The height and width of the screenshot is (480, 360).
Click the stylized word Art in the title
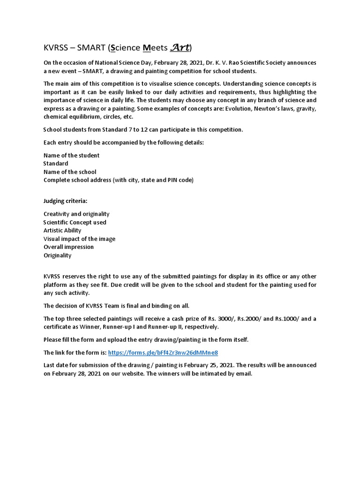pos(179,47)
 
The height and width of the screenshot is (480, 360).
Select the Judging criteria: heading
pos(65,201)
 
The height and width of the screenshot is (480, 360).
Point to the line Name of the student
pos(71,155)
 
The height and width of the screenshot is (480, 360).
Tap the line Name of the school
pos(70,172)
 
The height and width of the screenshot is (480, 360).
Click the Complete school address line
pos(118,180)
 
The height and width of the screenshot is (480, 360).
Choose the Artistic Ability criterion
pos(62,230)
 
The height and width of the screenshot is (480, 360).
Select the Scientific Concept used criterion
pos(75,222)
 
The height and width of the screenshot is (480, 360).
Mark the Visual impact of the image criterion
pos(79,239)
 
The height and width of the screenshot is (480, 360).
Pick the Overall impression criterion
pos(68,247)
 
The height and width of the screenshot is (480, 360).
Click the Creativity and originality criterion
pos(76,214)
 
